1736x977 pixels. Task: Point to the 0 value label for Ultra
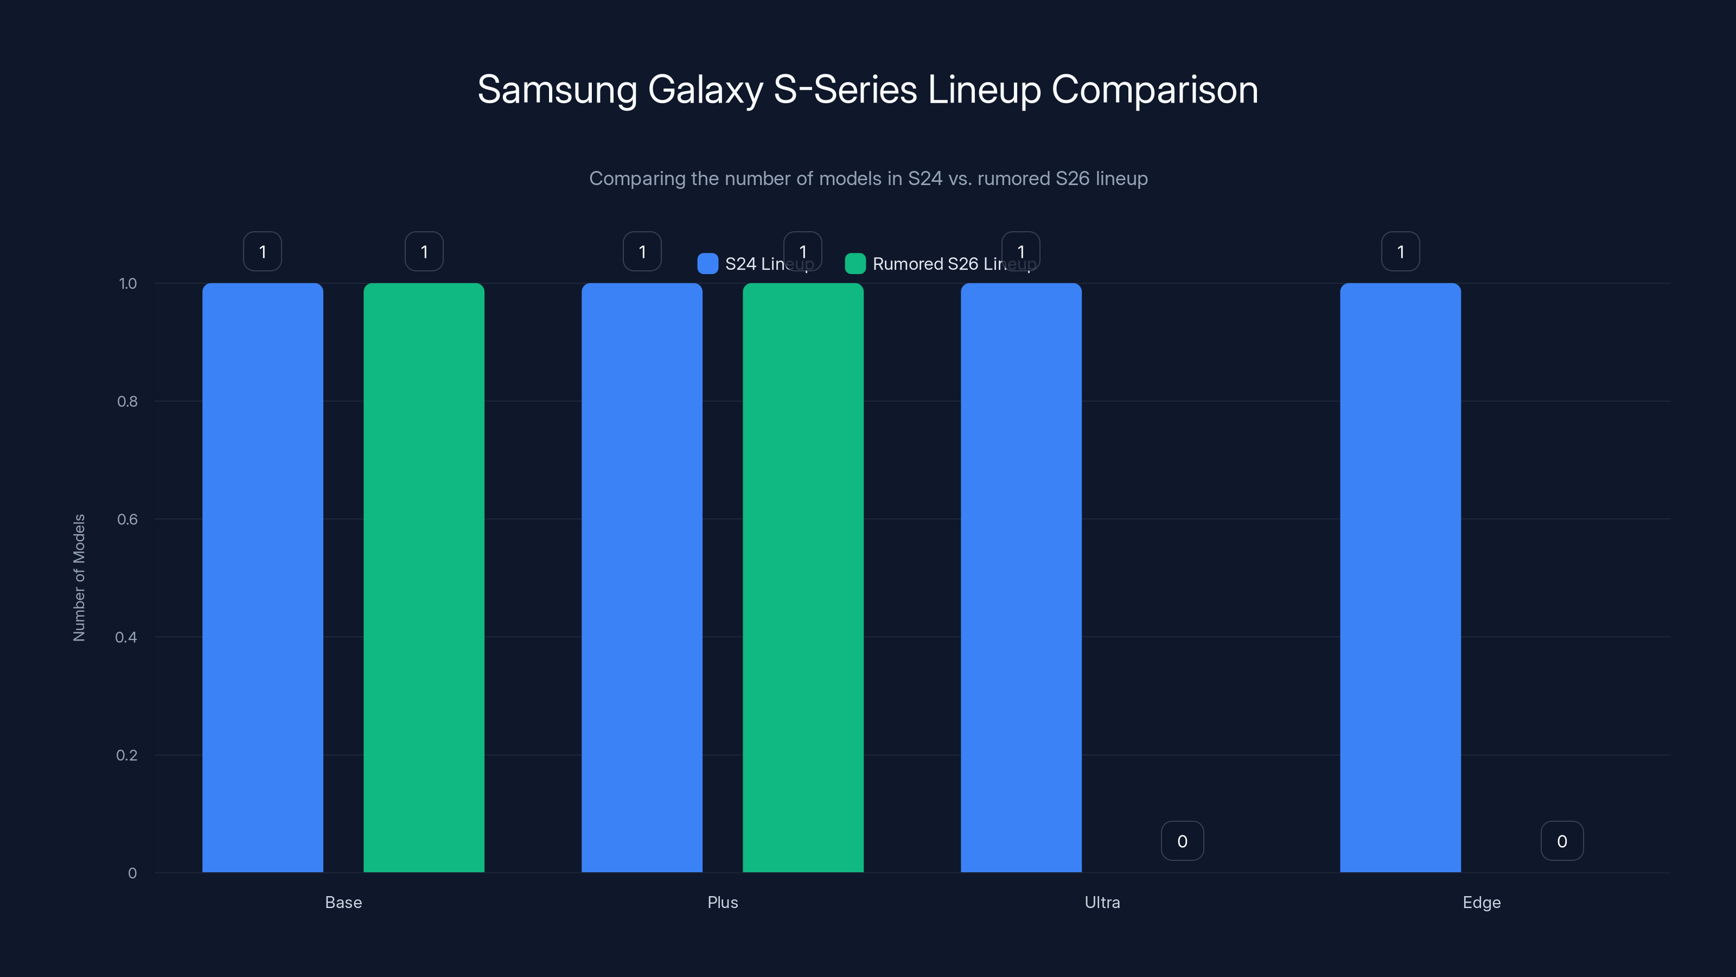coord(1182,841)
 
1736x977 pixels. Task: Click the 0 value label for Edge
coord(1561,841)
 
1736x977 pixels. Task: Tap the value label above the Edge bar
coord(1400,251)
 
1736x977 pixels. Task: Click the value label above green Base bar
coord(424,251)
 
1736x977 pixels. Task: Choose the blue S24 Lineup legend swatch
coord(707,264)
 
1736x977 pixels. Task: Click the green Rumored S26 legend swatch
coord(855,264)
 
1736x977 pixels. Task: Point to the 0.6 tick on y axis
coord(127,519)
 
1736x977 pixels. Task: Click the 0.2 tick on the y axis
coord(127,755)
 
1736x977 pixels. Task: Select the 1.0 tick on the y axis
coord(128,284)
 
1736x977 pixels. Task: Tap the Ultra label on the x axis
coord(1102,902)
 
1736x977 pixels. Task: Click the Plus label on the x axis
coord(723,902)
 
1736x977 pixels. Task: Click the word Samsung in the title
coord(557,90)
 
